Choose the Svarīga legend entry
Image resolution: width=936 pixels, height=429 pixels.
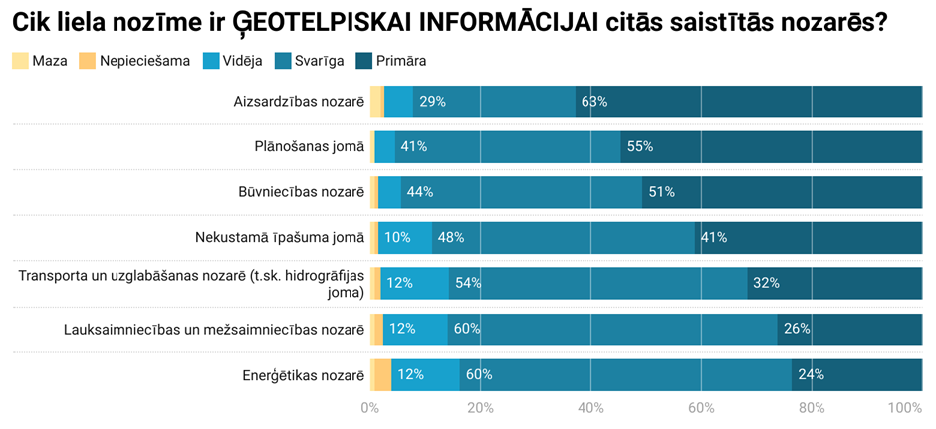311,61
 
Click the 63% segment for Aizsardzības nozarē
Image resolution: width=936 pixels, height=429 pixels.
749,102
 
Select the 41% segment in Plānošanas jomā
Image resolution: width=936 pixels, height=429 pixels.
508,146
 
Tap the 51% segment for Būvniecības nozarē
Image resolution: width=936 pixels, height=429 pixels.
782,192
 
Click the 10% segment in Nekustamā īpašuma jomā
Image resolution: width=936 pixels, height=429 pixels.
405,237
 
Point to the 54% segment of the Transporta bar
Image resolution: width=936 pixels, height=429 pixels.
597,283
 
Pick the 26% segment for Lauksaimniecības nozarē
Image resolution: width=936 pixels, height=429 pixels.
849,329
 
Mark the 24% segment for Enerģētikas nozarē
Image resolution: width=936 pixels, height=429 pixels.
856,375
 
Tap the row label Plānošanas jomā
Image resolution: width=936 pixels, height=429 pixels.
309,146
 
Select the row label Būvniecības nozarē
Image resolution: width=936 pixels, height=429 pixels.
301,192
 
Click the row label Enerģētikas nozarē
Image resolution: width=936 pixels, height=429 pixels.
304,375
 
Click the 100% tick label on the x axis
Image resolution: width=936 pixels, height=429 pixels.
904,408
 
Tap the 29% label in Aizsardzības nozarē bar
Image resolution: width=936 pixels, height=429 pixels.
432,102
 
